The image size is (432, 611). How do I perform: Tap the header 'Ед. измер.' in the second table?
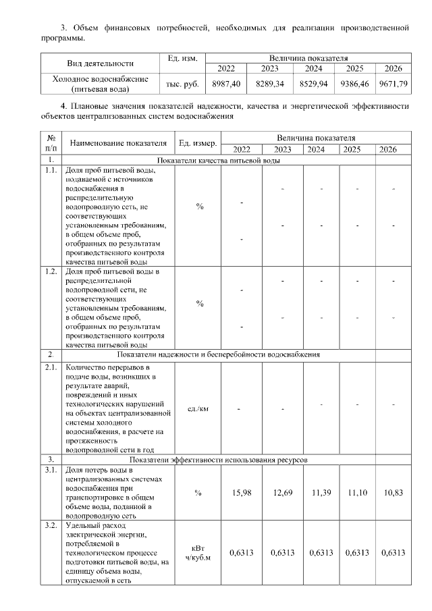[x=198, y=142]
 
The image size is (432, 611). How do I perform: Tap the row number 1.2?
[x=51, y=271]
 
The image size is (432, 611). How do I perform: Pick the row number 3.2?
[x=51, y=525]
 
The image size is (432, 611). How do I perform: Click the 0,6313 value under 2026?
[x=393, y=553]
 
